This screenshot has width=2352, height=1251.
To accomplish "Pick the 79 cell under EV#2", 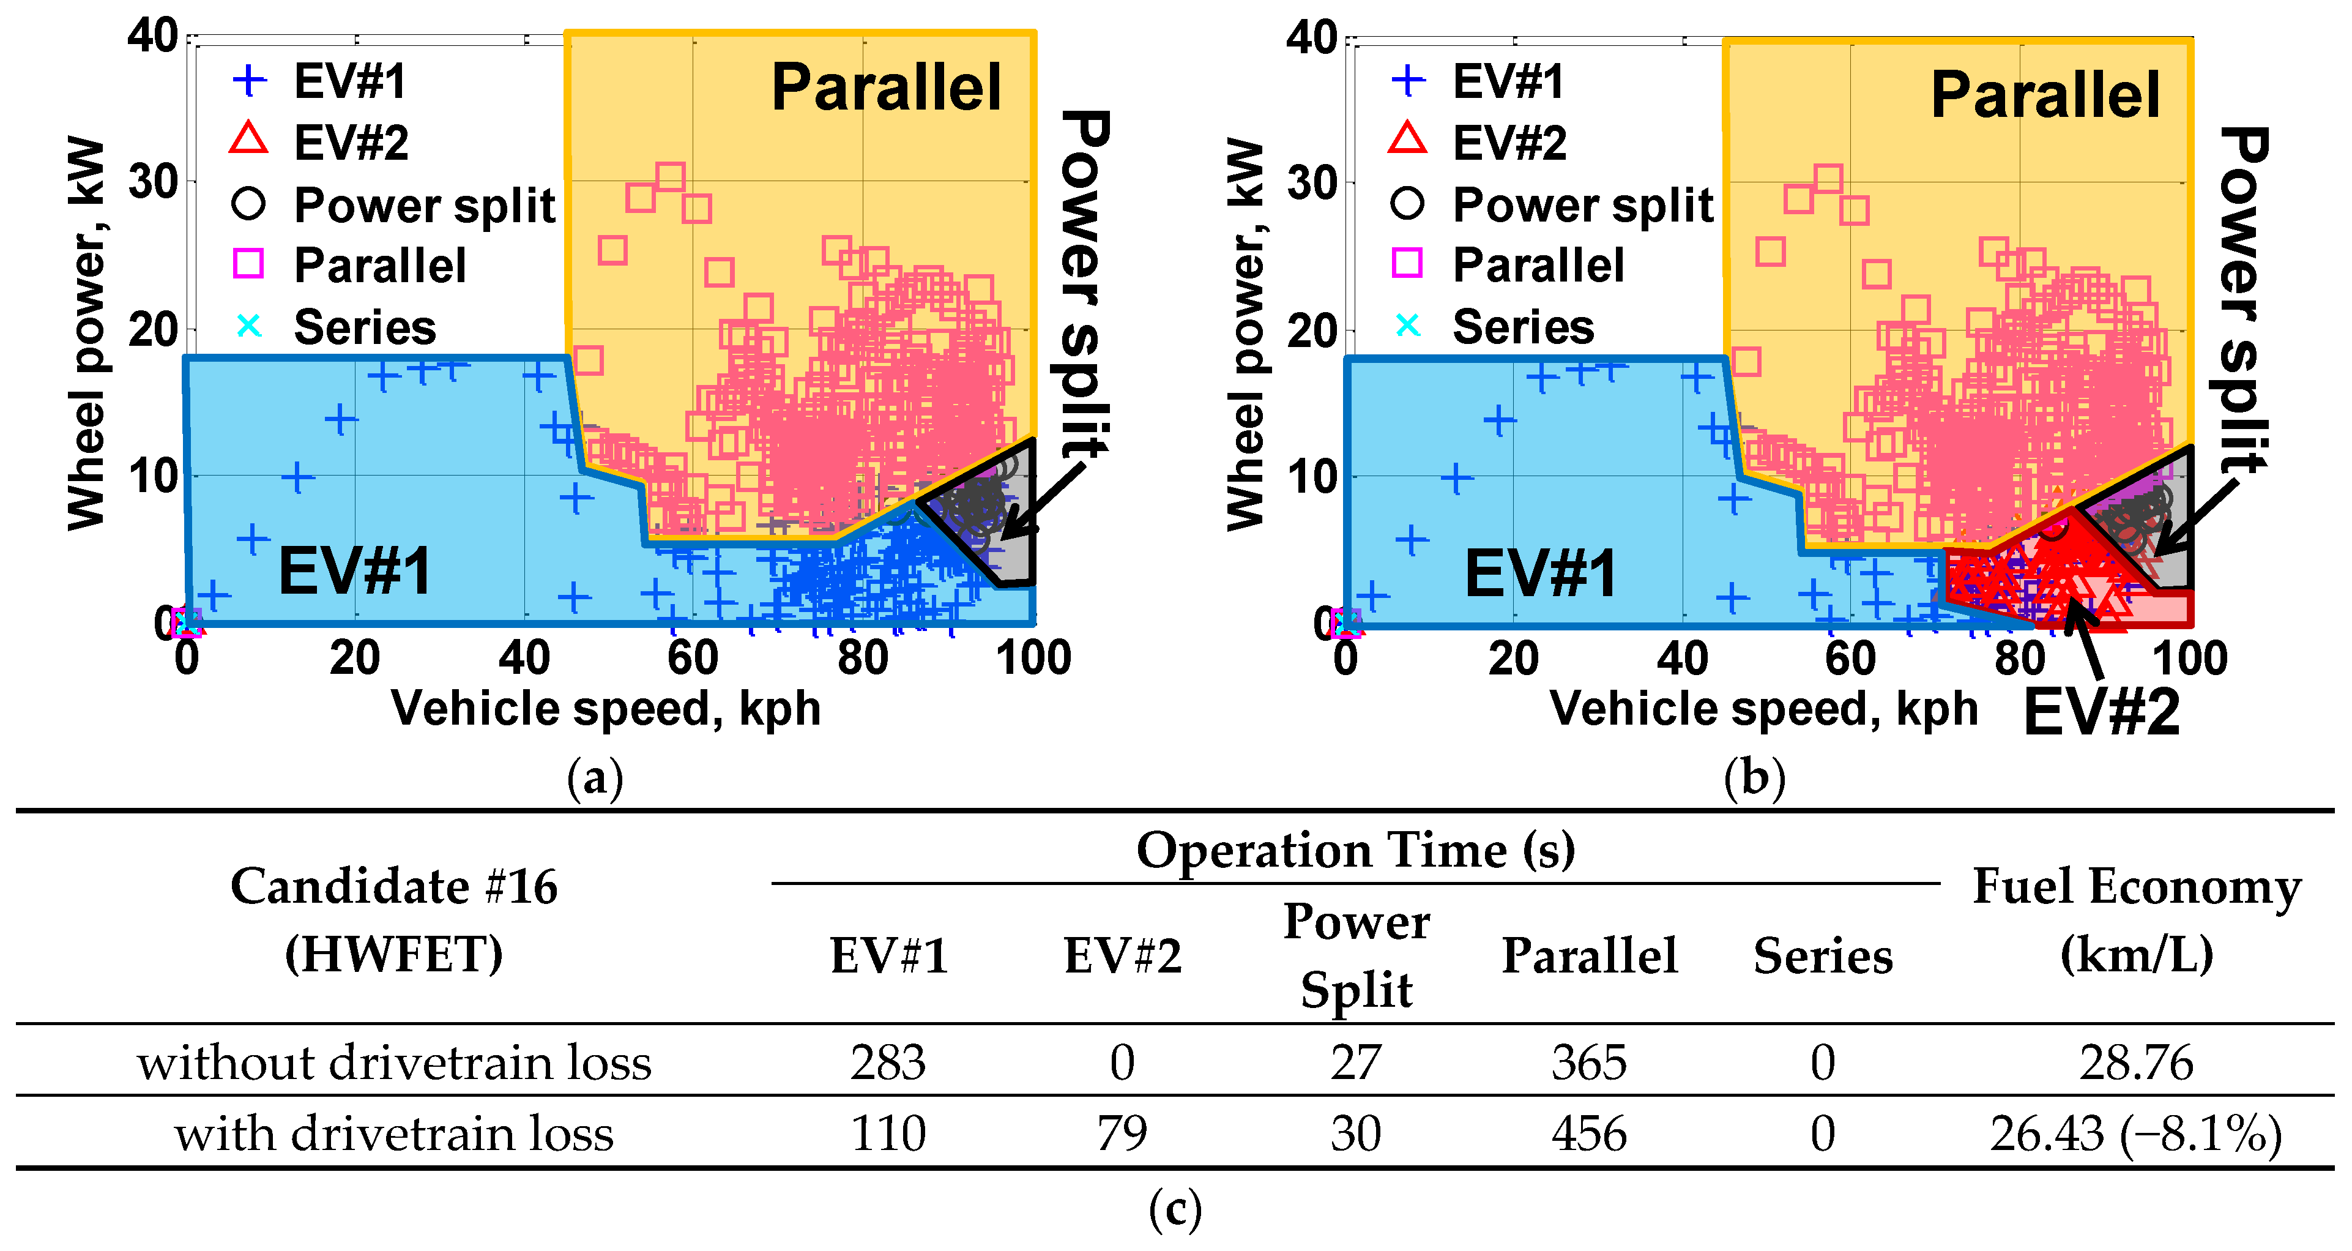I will coord(1122,1133).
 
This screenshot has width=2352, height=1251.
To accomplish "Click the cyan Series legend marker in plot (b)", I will coord(1407,326).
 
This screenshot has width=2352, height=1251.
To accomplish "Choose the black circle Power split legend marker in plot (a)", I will coord(248,203).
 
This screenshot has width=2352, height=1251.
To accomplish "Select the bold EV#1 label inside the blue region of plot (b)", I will coord(1539,573).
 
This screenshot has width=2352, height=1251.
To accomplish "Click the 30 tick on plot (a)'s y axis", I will coord(152,182).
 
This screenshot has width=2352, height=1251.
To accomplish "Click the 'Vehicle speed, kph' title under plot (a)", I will coord(605,709).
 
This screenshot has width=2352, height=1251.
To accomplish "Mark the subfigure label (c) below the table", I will coord(1175,1210).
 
